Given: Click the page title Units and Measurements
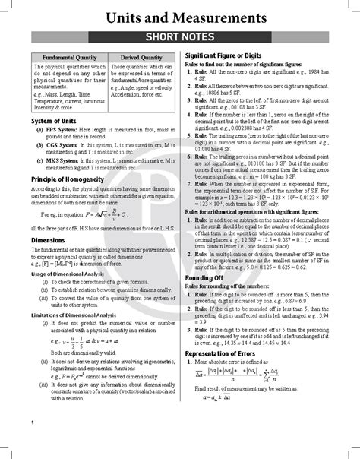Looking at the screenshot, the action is [x=179, y=16].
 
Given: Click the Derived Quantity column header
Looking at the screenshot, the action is [x=141, y=58].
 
